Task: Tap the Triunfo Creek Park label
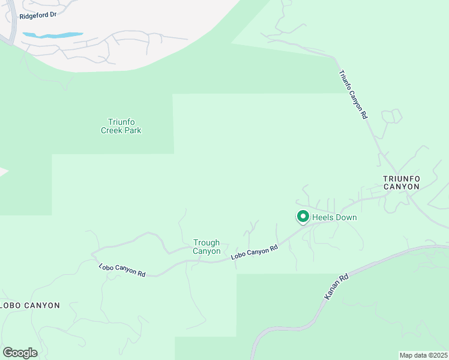pos(121,126)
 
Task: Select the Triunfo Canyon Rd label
pos(352,95)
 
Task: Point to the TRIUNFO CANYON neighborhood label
pos(402,182)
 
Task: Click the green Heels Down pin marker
pos(303,217)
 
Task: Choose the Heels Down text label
pos(334,217)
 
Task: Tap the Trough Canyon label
pos(206,247)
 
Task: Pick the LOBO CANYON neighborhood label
pos(30,305)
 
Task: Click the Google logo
pos(20,353)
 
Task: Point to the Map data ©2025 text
pos(424,355)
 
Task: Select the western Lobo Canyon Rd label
pos(122,269)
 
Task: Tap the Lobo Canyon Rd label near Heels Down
pos(255,252)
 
